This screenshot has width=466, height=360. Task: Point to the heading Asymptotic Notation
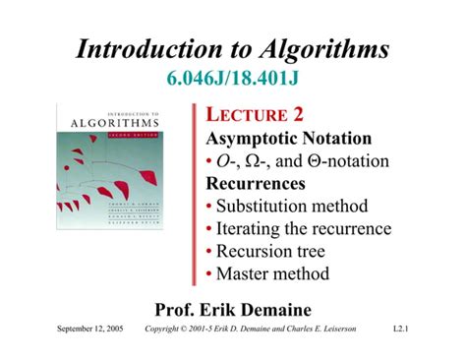(x=288, y=139)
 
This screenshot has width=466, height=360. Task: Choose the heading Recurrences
(x=256, y=184)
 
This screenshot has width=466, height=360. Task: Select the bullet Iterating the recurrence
(x=304, y=229)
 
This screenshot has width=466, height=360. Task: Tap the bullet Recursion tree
(x=277, y=252)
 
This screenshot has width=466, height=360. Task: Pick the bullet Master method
(x=273, y=274)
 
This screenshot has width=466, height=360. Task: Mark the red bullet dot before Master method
(x=210, y=275)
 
